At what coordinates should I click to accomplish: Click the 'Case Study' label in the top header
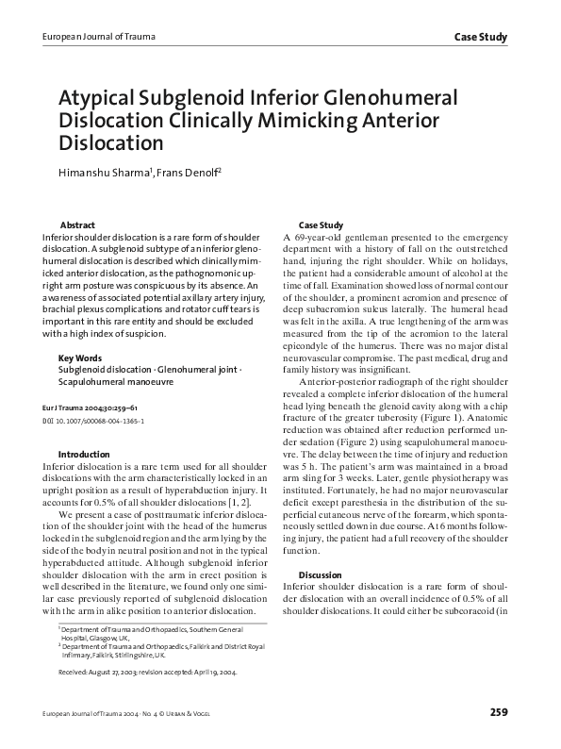[481, 38]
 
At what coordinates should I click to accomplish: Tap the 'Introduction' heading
[84, 454]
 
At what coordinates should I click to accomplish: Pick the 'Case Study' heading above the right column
[321, 225]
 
